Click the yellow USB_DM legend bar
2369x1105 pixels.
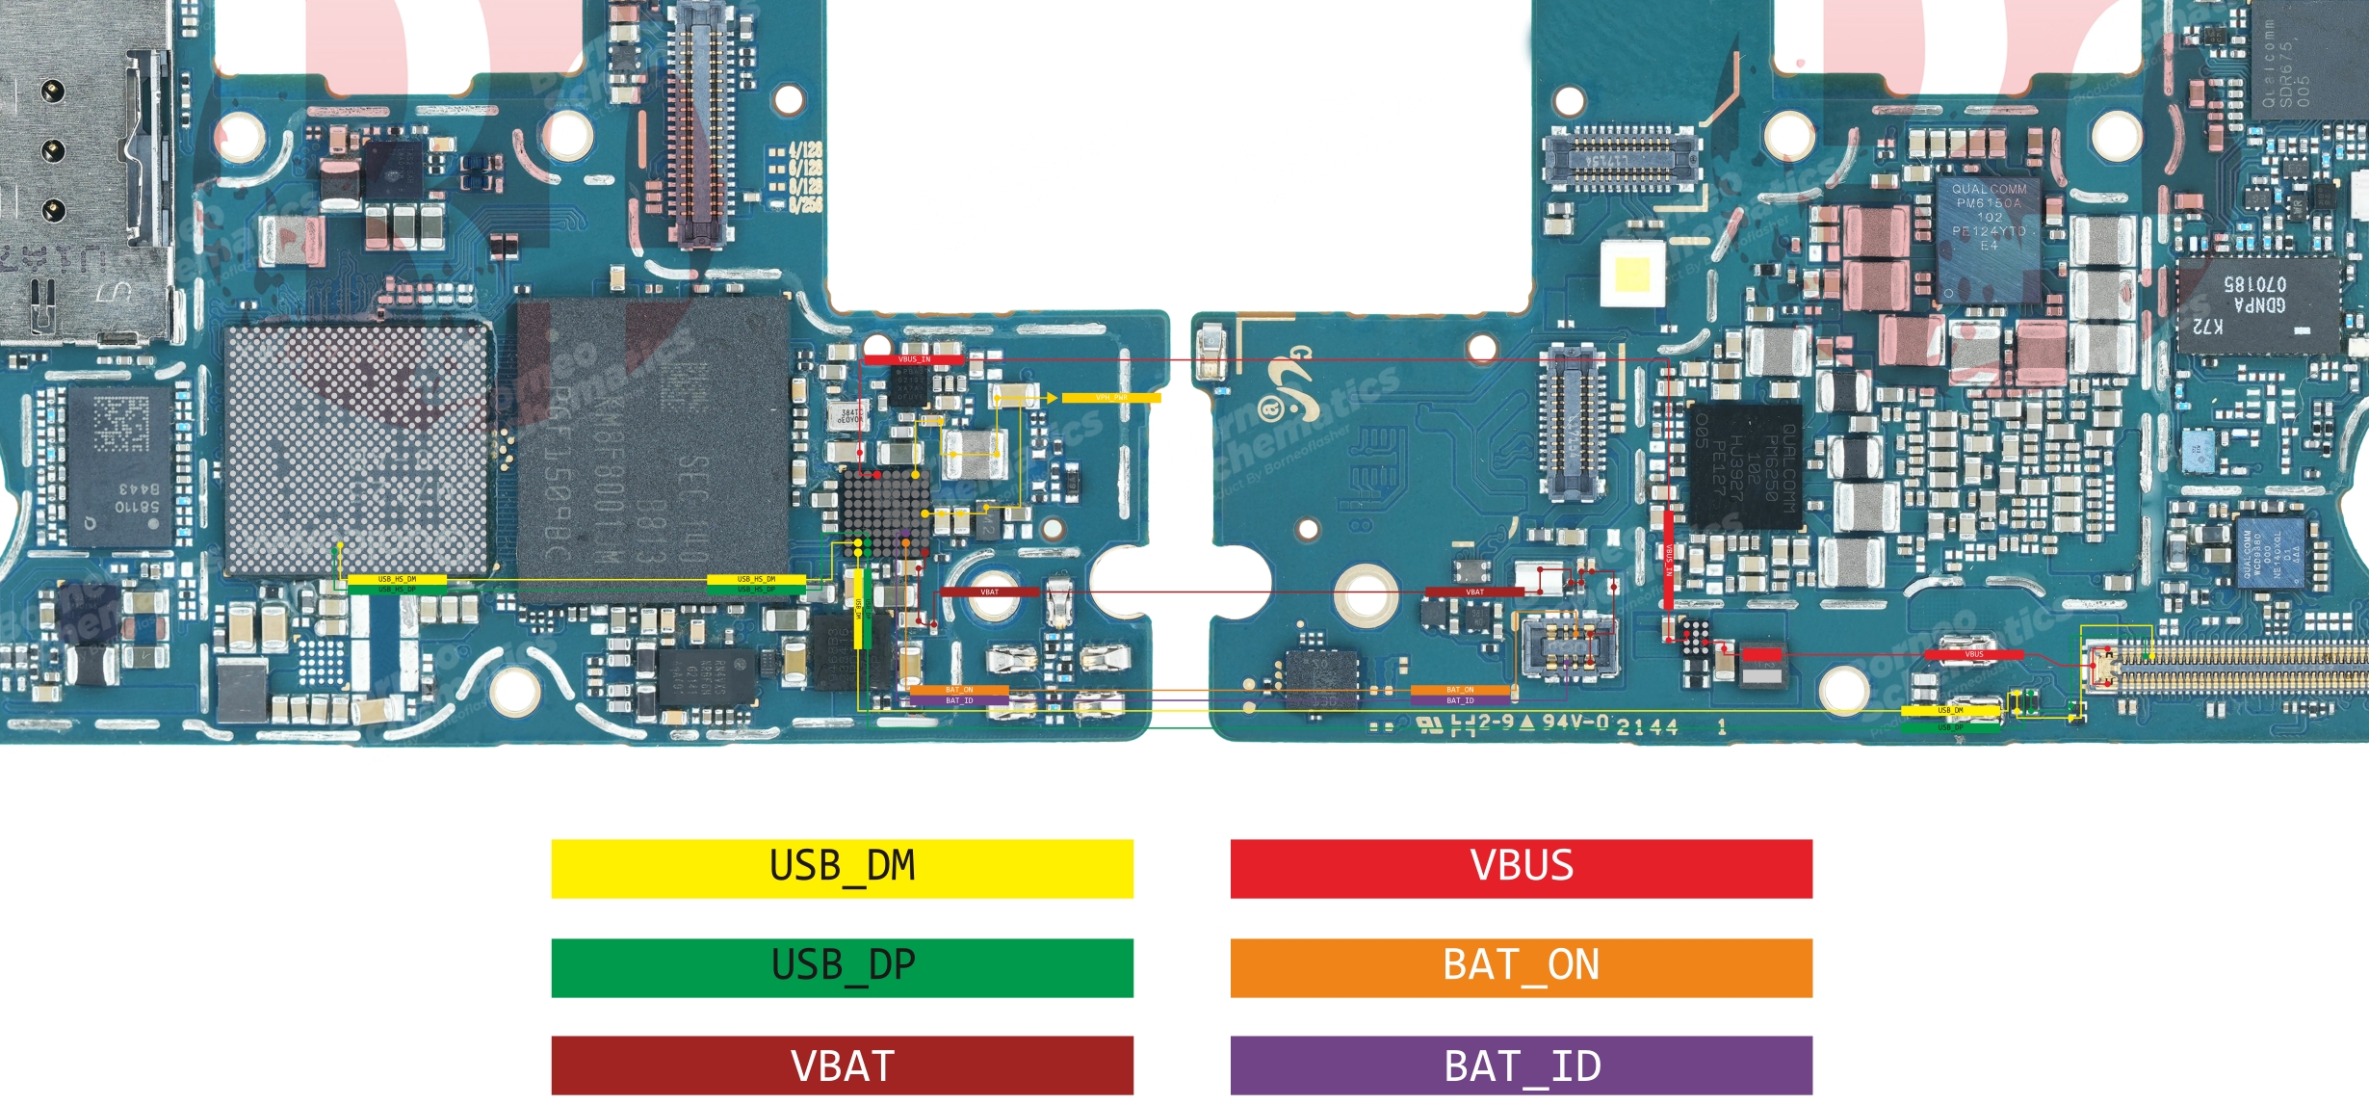[x=842, y=868]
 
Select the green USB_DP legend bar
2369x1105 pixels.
[x=842, y=967]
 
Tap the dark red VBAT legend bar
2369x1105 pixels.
[x=842, y=1065]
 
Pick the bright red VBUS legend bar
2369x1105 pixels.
[x=1521, y=868]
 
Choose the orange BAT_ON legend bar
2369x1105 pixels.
[x=1521, y=967]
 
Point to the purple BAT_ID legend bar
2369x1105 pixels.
[x=1521, y=1065]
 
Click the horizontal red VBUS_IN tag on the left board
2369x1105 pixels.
[x=913, y=359]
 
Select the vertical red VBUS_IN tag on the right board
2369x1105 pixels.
[x=1669, y=559]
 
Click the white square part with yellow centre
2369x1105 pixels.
[x=1631, y=274]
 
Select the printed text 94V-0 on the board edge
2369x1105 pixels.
[x=1575, y=722]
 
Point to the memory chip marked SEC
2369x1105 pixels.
[x=655, y=448]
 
